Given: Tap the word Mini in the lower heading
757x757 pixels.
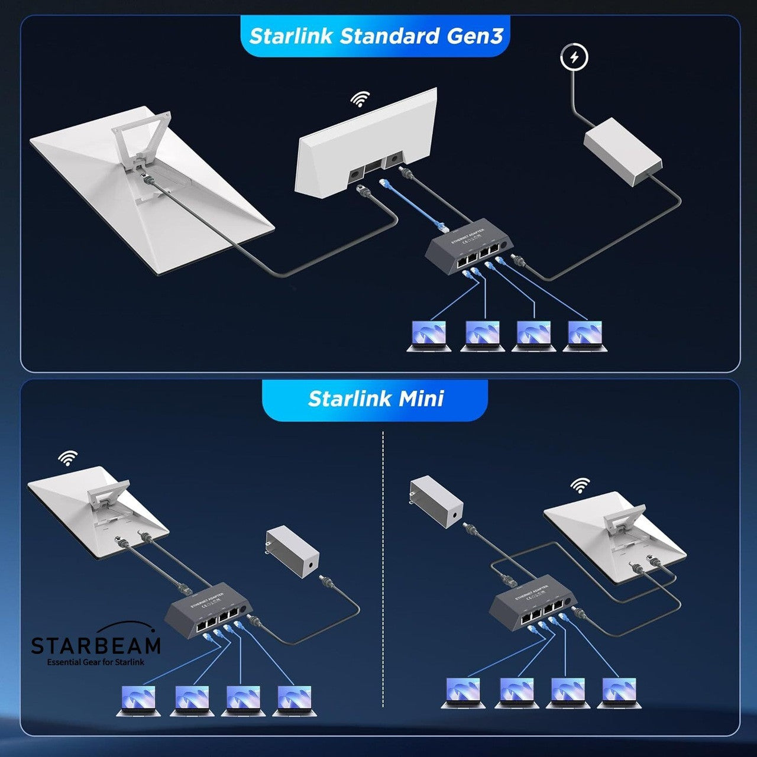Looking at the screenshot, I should (x=421, y=399).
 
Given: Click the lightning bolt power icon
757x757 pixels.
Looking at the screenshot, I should (x=574, y=57).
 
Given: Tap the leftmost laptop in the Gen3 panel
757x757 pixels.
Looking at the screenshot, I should (x=429, y=336).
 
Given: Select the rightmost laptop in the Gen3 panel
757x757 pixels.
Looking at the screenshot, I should (x=585, y=336).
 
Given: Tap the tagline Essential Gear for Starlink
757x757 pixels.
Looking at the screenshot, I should (x=96, y=662).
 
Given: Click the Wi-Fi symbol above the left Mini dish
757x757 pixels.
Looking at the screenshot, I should (x=68, y=458).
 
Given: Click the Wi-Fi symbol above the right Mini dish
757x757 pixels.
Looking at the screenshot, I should (x=580, y=486).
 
